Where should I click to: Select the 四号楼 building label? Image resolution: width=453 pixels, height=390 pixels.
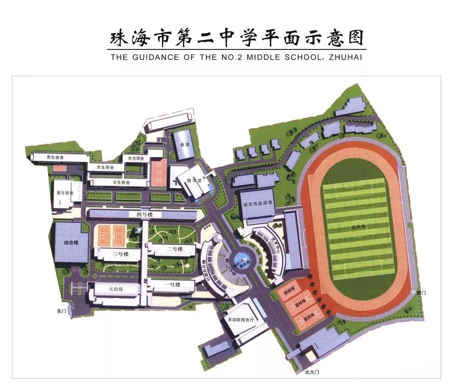(143, 215)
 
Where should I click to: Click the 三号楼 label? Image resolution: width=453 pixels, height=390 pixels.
(120, 254)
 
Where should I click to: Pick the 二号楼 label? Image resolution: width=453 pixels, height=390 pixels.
(174, 249)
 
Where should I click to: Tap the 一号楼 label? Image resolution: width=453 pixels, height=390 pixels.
(172, 285)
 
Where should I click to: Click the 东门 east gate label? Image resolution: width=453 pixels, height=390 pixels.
(61, 311)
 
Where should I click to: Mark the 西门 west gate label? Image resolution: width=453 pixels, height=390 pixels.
(421, 293)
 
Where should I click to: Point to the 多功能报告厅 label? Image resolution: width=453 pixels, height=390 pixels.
(241, 320)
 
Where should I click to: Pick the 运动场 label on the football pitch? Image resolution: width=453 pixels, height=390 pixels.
(359, 226)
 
